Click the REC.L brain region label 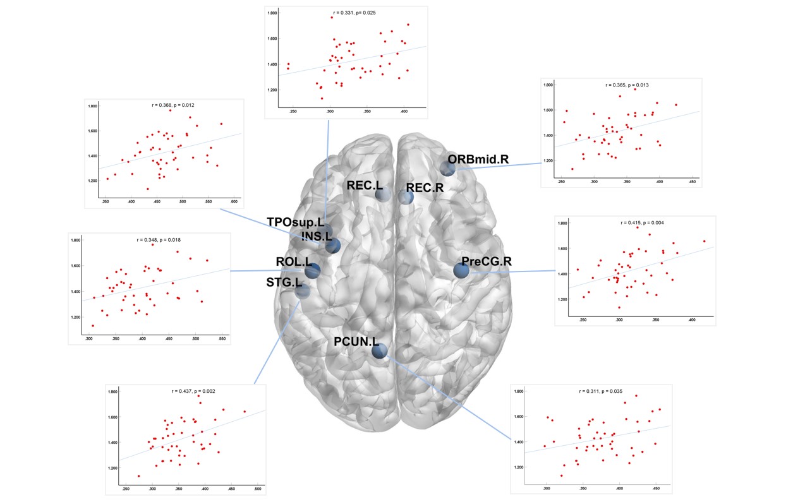365,186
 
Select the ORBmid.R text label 478,158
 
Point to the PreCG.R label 487,261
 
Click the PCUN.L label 356,342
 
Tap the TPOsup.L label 295,222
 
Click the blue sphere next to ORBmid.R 447,169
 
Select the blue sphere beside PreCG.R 462,270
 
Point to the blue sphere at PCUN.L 379,350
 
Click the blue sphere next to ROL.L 312,271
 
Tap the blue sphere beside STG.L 303,291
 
